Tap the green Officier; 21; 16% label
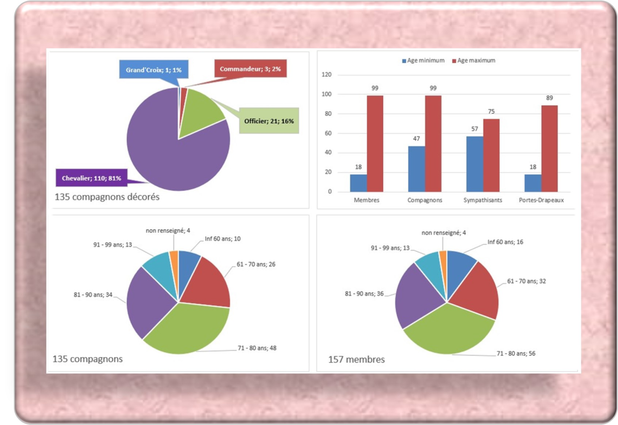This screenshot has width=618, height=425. tap(268, 121)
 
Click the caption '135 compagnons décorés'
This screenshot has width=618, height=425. tap(106, 197)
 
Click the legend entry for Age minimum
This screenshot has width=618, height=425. tap(423, 60)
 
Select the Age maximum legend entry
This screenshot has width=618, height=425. tap(473, 60)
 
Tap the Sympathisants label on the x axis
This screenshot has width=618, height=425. tap(482, 200)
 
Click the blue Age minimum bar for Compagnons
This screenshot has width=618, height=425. tap(417, 169)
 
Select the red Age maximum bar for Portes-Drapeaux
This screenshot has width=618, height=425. tap(549, 149)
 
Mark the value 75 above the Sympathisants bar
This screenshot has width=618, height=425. tap(491, 112)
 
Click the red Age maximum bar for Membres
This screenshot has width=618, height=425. tap(375, 143)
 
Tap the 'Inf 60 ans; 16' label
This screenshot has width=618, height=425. tap(506, 241)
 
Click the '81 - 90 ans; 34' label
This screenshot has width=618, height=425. tap(94, 295)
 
